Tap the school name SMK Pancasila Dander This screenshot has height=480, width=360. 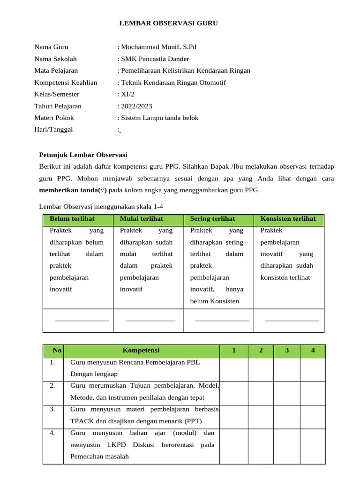tap(155, 59)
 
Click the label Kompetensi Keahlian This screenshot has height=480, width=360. tap(66, 82)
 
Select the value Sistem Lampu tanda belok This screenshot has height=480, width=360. tap(159, 118)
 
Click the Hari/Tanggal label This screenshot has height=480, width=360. tap(53, 129)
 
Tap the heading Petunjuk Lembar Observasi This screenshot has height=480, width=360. tap(82, 155)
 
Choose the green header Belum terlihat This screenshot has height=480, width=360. tap(72, 219)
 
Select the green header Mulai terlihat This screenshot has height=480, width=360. tap(142, 219)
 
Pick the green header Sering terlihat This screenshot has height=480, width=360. tap(212, 219)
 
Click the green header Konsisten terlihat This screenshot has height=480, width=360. tap(288, 219)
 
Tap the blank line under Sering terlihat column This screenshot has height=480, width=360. tap(222, 321)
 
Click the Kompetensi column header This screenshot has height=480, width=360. tap(141, 351)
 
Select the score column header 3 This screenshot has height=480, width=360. tap(286, 351)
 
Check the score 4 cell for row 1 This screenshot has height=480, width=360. tap(312, 369)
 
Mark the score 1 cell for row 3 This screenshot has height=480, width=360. tap(233, 416)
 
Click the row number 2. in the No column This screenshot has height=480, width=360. tap(52, 385)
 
